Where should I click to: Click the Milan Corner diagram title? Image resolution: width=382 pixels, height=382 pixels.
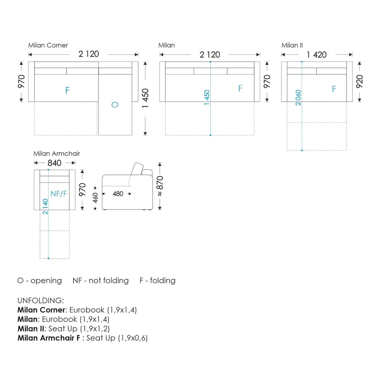pyautogui.click(x=48, y=45)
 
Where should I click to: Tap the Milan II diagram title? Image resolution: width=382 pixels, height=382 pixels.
pyautogui.click(x=292, y=45)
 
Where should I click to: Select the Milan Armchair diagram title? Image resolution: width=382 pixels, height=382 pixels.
pyautogui.click(x=57, y=153)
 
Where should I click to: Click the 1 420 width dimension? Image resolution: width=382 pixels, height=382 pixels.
pyautogui.click(x=316, y=54)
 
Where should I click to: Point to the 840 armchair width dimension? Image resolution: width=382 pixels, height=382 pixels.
pyautogui.click(x=54, y=163)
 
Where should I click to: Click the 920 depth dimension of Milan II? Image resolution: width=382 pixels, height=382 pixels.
pyautogui.click(x=360, y=81)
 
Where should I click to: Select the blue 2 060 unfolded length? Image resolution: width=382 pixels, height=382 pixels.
pyautogui.click(x=298, y=97)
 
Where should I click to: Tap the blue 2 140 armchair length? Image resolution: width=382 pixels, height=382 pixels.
pyautogui.click(x=45, y=207)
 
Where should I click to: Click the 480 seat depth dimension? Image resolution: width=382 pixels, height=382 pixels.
pyautogui.click(x=118, y=194)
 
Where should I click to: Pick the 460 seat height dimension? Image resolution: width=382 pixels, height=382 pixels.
pyautogui.click(x=95, y=198)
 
